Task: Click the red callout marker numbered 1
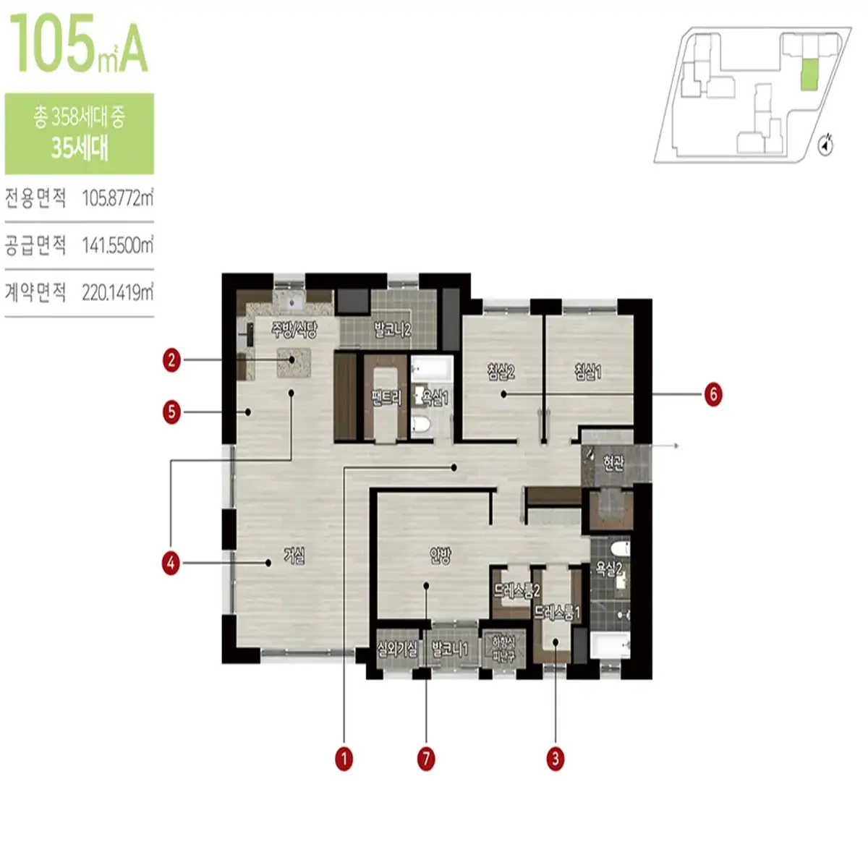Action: [x=344, y=759]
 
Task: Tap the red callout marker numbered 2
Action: [x=171, y=359]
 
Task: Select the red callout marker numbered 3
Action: [x=555, y=759]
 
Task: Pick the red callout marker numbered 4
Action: [x=171, y=563]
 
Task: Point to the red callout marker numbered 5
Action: [x=171, y=412]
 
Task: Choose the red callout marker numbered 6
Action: [x=713, y=394]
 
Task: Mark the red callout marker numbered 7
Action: [x=426, y=759]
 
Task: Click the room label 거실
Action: [x=294, y=556]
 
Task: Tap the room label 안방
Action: [x=440, y=556]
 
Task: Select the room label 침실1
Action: [x=587, y=372]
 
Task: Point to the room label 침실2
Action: [x=501, y=372]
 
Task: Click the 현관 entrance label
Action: [x=613, y=463]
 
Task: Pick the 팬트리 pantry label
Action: [x=386, y=398]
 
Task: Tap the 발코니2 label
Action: [x=392, y=331]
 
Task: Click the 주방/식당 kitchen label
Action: [x=294, y=331]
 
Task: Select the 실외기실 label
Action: [x=397, y=649]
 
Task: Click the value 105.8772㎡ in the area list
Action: [x=117, y=197]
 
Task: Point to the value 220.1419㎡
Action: [x=117, y=292]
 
